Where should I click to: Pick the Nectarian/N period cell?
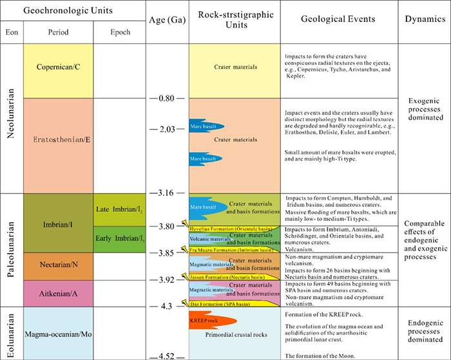tap(57, 266)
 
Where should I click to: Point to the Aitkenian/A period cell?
tap(57, 293)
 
